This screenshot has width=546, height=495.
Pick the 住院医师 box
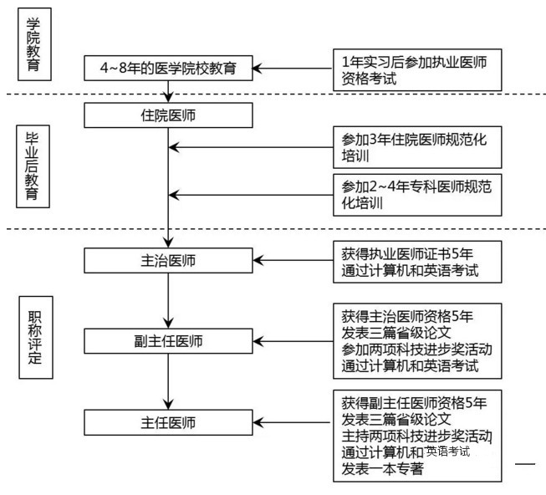click(x=168, y=115)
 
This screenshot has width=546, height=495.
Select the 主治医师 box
click(x=168, y=260)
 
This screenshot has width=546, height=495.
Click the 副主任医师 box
click(x=168, y=340)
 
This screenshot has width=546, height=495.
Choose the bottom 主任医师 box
click(x=168, y=421)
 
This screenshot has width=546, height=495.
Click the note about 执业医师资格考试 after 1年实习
click(x=416, y=69)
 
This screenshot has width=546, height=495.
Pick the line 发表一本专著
click(x=382, y=469)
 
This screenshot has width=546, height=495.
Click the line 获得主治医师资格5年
click(x=407, y=316)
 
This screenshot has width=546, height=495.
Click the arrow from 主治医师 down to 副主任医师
click(x=168, y=300)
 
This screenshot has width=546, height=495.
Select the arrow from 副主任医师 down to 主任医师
click(x=168, y=380)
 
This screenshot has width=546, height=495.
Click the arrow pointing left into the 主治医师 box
click(x=293, y=260)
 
